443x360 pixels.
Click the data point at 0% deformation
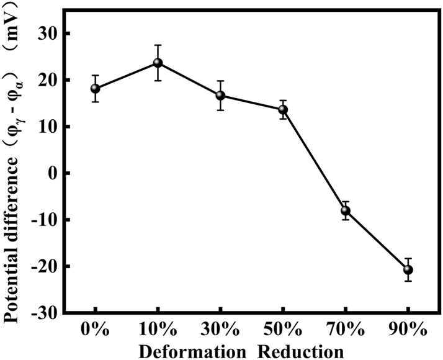[95, 89]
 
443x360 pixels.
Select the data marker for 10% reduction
[158, 63]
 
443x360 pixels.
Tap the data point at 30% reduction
[220, 96]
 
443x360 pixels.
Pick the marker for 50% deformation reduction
[283, 110]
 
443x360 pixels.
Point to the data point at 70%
[346, 210]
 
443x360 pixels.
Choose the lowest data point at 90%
[408, 269]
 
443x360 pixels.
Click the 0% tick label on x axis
[95, 328]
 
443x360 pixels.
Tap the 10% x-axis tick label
[158, 328]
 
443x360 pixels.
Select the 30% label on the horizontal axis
[220, 328]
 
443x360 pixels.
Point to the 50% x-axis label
[283, 328]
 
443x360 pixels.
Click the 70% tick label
[346, 328]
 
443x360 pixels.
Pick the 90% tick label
[408, 328]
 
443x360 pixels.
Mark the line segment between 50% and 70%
[314, 160]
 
